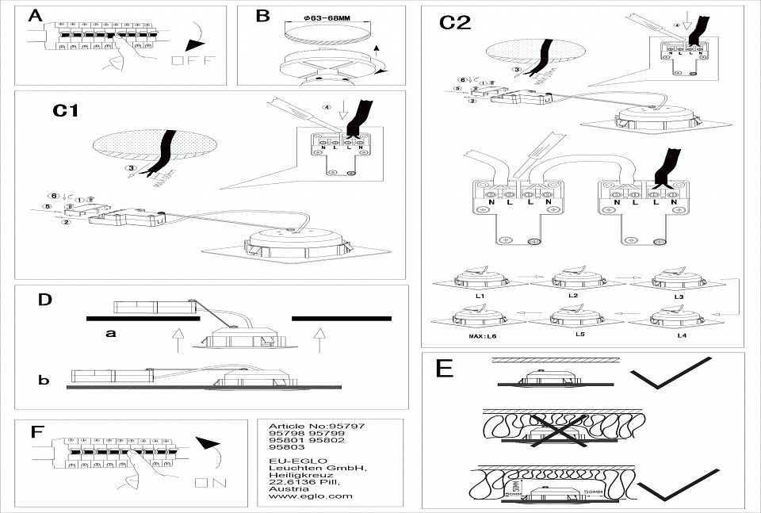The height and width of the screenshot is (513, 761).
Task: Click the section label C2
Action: [x=456, y=22]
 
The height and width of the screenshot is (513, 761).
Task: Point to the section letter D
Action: [x=45, y=299]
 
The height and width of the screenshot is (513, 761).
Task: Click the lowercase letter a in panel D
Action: [x=111, y=334]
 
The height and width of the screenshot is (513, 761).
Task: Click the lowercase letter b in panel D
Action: [x=44, y=380]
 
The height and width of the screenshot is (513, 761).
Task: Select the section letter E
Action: [x=445, y=369]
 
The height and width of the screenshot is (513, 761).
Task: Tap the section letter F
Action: [x=36, y=432]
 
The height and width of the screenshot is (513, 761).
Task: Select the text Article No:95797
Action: [x=317, y=426]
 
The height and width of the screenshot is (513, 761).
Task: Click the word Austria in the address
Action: [x=286, y=487]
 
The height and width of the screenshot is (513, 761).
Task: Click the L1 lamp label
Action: [x=480, y=295]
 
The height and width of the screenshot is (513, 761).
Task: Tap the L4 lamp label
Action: [x=681, y=336]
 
